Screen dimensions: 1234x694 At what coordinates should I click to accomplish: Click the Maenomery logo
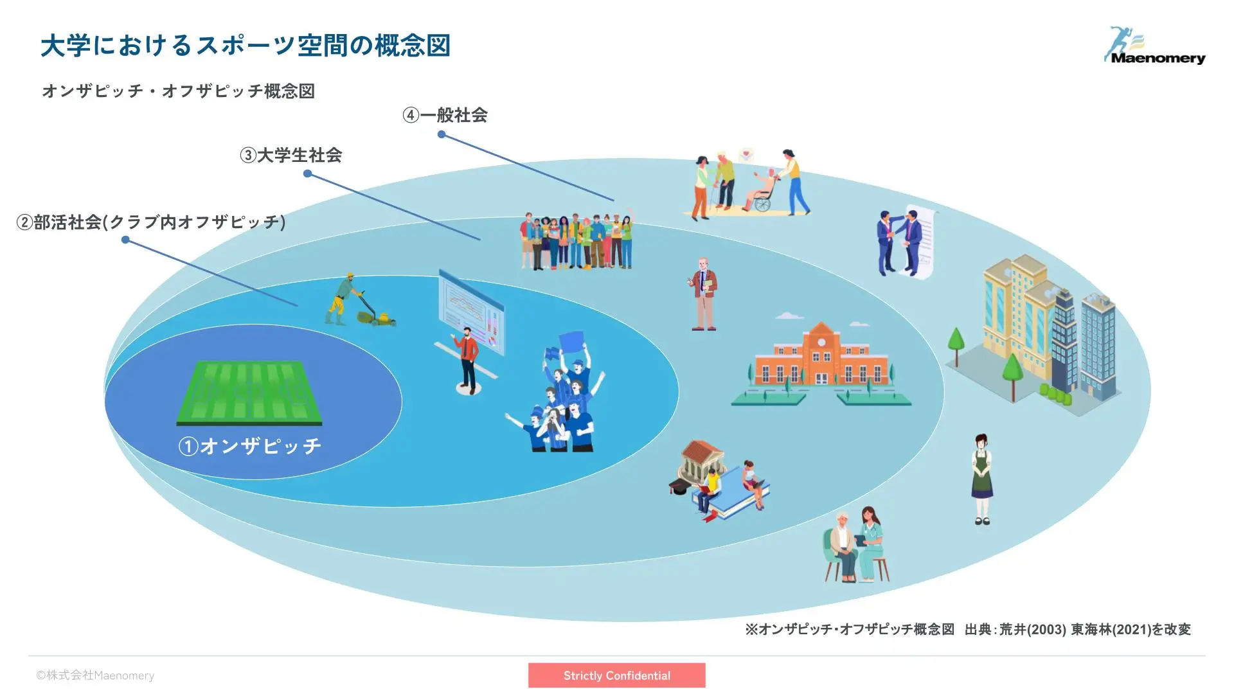point(1154,45)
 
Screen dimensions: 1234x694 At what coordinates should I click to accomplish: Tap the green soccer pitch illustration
point(249,393)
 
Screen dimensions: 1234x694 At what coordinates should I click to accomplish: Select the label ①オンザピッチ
point(250,446)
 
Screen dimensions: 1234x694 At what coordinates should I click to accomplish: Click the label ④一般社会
point(445,115)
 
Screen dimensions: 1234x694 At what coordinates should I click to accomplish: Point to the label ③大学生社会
point(291,155)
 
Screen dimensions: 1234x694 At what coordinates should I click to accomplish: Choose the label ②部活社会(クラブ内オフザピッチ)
point(151,222)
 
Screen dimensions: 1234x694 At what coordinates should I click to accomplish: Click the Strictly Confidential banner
point(617,675)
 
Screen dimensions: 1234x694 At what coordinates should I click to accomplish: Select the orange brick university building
point(821,363)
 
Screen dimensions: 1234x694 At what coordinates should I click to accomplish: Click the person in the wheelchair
point(762,191)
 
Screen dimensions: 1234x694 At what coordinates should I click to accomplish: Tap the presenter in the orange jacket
point(469,358)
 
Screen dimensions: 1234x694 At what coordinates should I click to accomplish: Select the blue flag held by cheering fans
point(571,341)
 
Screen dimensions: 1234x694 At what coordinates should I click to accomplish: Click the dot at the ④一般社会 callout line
point(442,134)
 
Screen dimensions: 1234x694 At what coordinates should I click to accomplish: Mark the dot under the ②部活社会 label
point(125,240)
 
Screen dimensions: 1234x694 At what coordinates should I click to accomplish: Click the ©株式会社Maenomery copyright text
point(95,675)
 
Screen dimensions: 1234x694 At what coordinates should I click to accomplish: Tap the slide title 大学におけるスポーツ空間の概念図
point(246,46)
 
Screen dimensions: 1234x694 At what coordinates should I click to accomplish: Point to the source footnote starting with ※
point(968,629)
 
